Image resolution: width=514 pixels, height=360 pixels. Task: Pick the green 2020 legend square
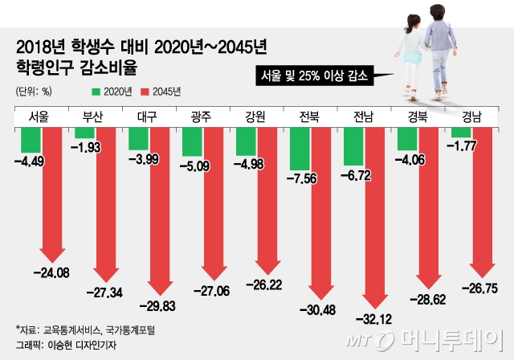[x=96, y=92]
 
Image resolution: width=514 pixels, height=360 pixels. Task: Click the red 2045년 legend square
[x=145, y=92]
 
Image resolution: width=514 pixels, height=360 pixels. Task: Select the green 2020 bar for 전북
[x=300, y=149]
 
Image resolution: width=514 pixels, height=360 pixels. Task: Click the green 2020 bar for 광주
[x=193, y=142]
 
